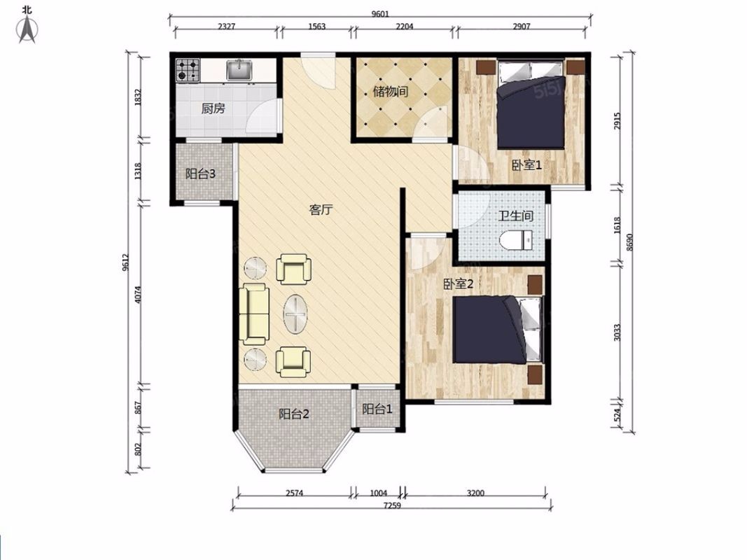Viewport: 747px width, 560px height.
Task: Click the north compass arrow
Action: pos(27,29)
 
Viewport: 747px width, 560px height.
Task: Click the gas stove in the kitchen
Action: pos(188,70)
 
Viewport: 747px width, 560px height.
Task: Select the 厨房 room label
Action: pos(213,109)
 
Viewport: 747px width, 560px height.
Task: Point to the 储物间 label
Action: pos(391,91)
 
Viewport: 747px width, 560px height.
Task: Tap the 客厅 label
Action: pos(321,209)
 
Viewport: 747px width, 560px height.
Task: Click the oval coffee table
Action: pos(295,314)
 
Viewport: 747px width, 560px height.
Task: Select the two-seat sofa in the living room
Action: pos(254,314)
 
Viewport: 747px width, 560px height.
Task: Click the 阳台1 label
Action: pos(377,409)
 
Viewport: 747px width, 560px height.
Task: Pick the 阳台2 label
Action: pos(294,414)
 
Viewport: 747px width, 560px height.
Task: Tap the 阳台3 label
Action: pos(200,174)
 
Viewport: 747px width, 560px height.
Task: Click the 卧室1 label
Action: pos(527,165)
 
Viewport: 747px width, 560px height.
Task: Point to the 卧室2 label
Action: pos(459,284)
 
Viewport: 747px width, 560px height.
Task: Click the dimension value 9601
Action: pos(380,14)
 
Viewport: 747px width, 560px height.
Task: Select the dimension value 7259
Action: pos(392,505)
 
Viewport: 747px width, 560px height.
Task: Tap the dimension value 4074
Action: pos(138,294)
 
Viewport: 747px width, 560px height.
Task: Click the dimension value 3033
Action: pos(617,332)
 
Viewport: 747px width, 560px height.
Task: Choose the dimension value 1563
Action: pos(317,26)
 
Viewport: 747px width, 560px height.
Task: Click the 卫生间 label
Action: pos(516,216)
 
